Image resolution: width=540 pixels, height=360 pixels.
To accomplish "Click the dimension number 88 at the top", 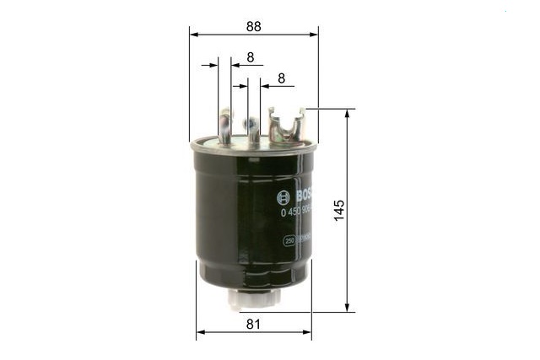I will point(253,26).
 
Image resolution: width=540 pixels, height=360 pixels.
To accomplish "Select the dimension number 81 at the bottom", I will point(253,323).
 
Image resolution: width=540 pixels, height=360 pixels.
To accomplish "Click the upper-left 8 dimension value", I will point(251,57).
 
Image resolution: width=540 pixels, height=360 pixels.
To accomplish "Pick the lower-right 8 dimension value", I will point(281,78).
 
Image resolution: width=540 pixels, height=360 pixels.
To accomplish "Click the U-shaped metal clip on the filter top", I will point(285,126).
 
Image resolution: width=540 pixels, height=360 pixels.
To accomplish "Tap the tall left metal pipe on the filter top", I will point(224,126).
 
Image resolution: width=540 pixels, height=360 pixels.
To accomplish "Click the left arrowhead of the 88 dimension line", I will point(193,35).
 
